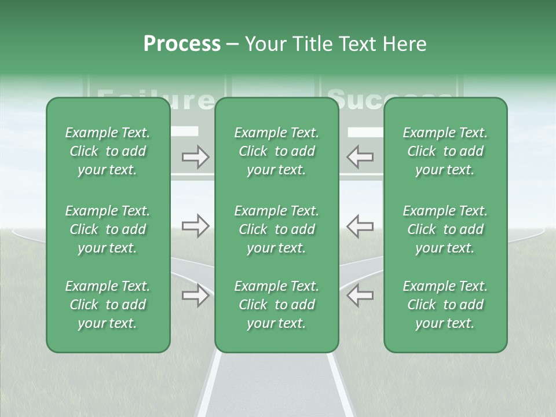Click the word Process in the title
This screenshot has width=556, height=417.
[182, 44]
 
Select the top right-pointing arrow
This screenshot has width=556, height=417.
[196, 157]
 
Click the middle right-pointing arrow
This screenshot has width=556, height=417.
[196, 226]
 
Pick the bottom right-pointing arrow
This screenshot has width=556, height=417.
[196, 295]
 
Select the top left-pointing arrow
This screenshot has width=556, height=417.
[360, 157]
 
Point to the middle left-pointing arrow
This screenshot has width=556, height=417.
[360, 226]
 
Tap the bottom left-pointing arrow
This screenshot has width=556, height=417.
[360, 295]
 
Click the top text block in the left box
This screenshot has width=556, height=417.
[108, 151]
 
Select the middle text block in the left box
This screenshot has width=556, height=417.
[108, 229]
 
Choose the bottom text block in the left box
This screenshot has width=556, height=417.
[108, 305]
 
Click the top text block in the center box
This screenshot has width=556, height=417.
[277, 151]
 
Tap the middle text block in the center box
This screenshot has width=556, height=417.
[277, 229]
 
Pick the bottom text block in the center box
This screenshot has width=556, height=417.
[277, 305]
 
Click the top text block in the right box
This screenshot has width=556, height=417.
[445, 151]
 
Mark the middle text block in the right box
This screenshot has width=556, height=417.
[445, 229]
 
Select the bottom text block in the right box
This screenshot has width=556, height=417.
[445, 305]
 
